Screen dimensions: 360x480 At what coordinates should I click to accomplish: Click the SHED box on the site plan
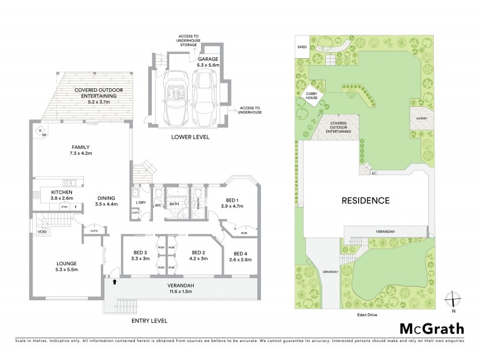click(x=301, y=48)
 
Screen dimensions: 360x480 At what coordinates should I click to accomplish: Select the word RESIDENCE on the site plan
click(x=365, y=200)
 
